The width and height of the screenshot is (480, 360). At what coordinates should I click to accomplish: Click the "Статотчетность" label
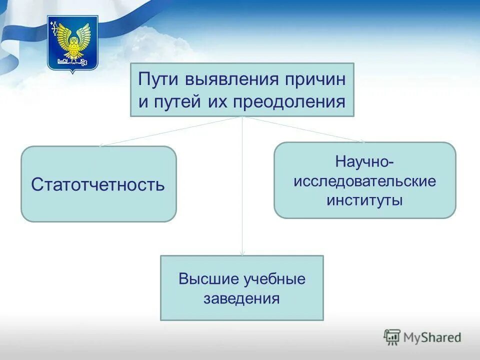point(98,184)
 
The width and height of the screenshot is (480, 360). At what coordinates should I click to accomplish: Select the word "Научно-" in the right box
point(364,162)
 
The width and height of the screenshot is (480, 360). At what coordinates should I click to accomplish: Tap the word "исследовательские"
point(364,181)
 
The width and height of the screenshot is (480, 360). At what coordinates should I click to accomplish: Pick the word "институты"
point(364,200)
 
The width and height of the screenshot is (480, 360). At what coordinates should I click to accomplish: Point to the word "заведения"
point(241,299)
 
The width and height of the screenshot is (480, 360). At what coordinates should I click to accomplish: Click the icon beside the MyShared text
point(392,337)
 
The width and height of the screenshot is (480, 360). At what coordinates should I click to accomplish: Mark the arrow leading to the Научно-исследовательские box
point(305,130)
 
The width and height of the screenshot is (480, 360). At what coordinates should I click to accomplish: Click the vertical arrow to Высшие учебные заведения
point(242,190)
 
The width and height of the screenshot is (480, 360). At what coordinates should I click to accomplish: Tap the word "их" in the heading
point(212,102)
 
